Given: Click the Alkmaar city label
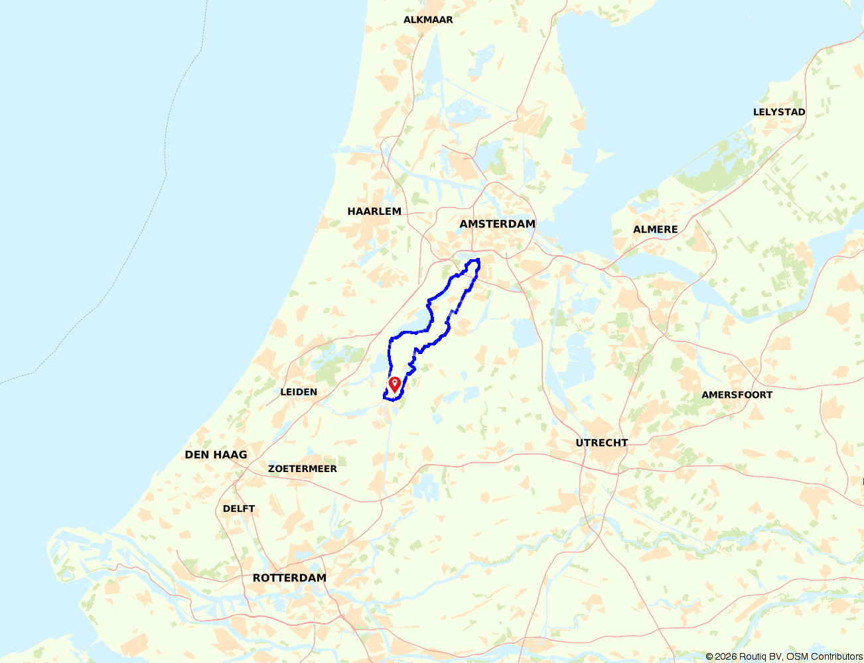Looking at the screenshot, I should tap(428, 20).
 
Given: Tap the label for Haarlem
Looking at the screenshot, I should tap(374, 211).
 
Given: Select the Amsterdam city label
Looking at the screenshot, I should tap(497, 224).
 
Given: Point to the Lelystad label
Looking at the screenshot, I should tap(779, 112).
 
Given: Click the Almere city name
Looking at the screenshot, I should tap(655, 229).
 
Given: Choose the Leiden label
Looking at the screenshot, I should tap(299, 392).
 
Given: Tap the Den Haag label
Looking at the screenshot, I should tap(216, 455).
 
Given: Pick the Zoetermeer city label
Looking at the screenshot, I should tap(302, 469).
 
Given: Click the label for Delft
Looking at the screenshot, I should tap(239, 509).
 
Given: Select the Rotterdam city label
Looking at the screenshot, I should tap(289, 578).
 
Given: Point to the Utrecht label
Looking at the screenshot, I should tap(601, 443).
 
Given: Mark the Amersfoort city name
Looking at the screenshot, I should tap(737, 395).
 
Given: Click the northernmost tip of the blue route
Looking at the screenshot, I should tap(477, 259).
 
